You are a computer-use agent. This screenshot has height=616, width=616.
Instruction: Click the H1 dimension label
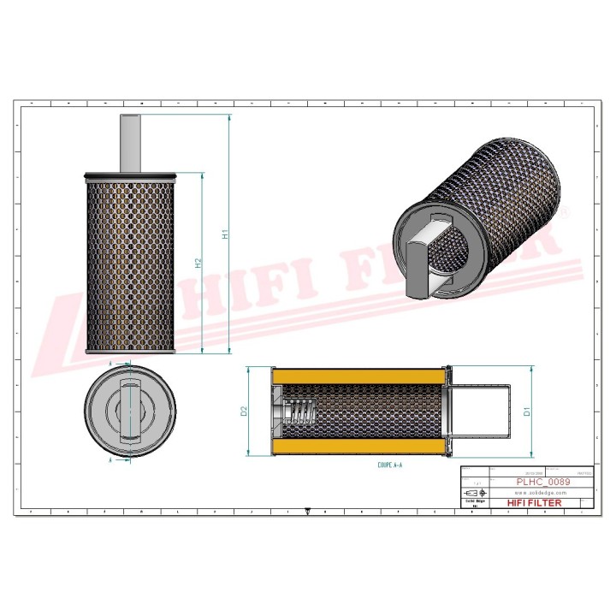click(225, 234)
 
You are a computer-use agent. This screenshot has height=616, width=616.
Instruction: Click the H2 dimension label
click(198, 264)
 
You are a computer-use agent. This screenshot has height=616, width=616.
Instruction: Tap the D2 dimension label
click(244, 412)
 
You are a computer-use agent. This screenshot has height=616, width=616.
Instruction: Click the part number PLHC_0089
click(542, 482)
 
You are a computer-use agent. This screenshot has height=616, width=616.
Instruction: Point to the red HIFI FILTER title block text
click(536, 503)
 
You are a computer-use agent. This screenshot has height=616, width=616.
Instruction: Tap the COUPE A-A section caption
click(389, 465)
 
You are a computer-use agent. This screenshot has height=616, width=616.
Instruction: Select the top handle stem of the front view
click(130, 143)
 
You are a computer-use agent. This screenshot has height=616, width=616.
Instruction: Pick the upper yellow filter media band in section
click(359, 376)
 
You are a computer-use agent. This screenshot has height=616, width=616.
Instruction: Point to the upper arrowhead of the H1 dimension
click(229, 116)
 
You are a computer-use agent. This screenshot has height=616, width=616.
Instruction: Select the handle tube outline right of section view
click(483, 412)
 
